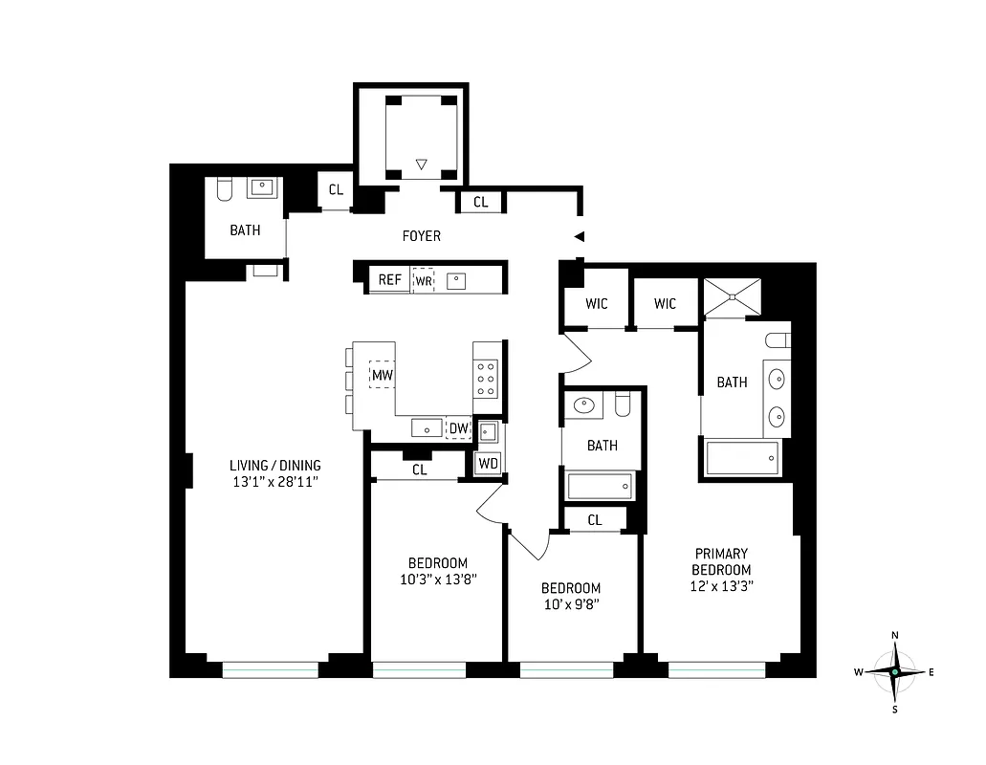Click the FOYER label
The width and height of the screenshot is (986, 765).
tap(422, 235)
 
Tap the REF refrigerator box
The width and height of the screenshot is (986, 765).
tap(389, 280)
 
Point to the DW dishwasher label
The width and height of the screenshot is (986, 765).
tap(459, 427)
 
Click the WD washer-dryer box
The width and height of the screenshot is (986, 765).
tap(489, 463)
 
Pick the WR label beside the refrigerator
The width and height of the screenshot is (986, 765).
tap(423, 281)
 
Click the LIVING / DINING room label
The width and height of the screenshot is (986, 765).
tap(275, 466)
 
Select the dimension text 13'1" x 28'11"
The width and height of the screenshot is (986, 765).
tap(275, 482)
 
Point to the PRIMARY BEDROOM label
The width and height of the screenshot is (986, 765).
tap(722, 561)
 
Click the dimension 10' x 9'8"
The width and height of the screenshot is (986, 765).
tap(571, 604)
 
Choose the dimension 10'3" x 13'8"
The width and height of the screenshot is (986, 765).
tap(437, 579)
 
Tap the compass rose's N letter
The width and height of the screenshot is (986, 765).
tap(895, 636)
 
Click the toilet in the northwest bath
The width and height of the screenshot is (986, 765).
tap(225, 188)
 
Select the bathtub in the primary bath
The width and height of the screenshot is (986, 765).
tap(743, 458)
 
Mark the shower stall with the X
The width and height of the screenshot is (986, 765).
tap(732, 296)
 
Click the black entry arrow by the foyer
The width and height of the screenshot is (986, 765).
tap(579, 236)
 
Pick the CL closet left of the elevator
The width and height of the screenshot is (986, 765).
tap(336, 189)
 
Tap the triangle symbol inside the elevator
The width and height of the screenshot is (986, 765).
tap(421, 165)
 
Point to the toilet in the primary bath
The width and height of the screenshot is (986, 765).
tap(778, 339)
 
